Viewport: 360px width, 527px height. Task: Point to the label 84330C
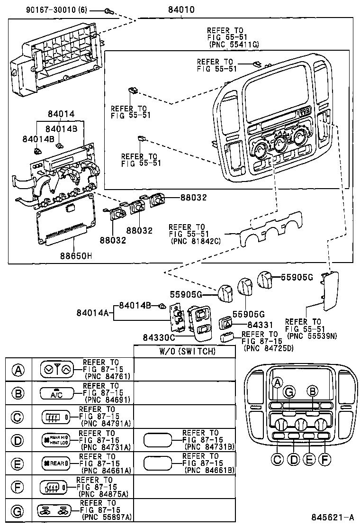pos(159,337)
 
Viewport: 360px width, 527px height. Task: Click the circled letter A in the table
pos(18,370)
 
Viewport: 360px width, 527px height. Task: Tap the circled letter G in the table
pos(18,511)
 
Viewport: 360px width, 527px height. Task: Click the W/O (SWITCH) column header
pos(185,352)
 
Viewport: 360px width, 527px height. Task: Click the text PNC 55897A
pos(107,517)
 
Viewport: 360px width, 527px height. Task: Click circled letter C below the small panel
pos(278,459)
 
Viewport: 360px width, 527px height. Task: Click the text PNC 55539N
pos(310,336)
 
